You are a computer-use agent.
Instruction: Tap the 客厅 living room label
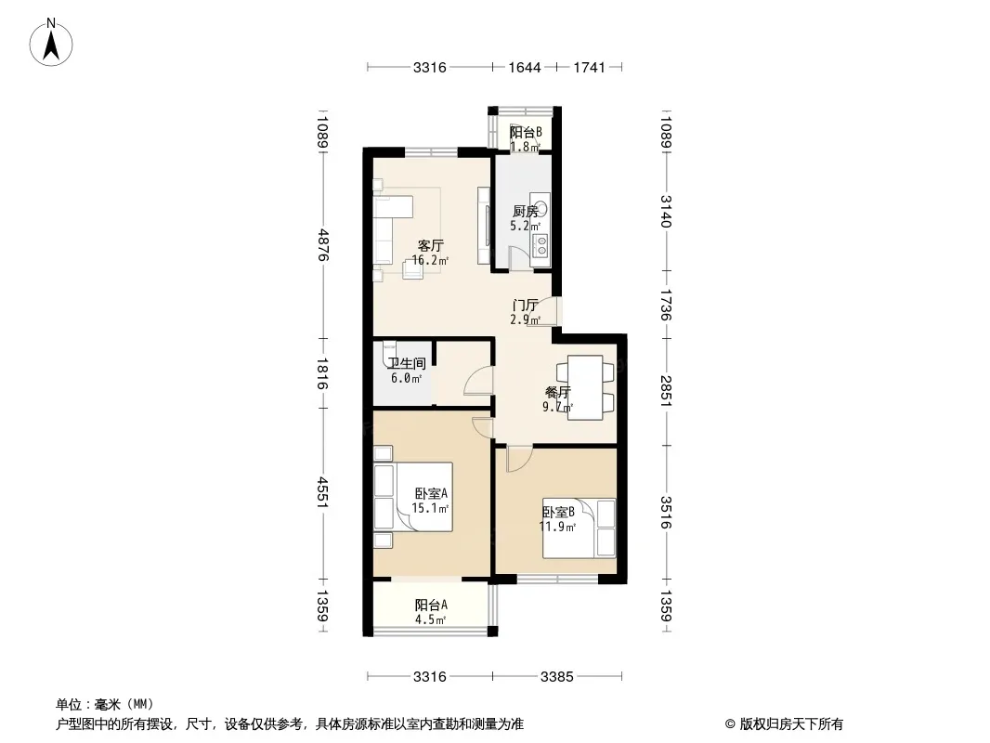tap(431, 245)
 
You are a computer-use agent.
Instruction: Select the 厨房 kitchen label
tap(526, 212)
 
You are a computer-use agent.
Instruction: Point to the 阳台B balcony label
tap(526, 133)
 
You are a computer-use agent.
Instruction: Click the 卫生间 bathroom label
tap(407, 364)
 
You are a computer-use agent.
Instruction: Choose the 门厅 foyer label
tap(526, 306)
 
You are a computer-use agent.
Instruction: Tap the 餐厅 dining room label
tap(557, 393)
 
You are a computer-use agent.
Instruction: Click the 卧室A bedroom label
tap(431, 494)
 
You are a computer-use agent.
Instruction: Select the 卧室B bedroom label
tap(558, 512)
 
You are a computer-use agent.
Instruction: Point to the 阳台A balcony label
tap(431, 605)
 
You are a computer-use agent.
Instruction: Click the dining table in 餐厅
tap(585, 387)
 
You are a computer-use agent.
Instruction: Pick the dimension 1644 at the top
tap(526, 68)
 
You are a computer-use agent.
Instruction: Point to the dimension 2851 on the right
tap(666, 391)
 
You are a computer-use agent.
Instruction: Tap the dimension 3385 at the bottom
tap(557, 677)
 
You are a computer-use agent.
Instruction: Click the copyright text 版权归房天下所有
tap(791, 724)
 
